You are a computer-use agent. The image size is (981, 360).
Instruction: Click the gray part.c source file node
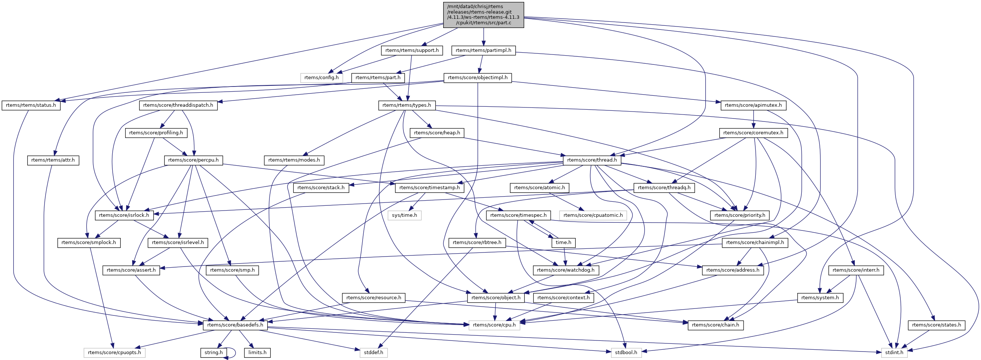click(x=483, y=15)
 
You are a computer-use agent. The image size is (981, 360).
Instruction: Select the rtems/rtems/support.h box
click(x=412, y=50)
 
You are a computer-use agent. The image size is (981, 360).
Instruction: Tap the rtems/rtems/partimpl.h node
click(x=483, y=50)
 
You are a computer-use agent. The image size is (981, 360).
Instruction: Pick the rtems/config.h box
click(x=321, y=78)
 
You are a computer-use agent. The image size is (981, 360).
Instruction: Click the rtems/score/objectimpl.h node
click(x=477, y=78)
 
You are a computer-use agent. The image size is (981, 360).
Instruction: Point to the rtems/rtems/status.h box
click(x=31, y=105)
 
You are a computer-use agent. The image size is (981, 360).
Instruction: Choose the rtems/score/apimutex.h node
click(x=753, y=105)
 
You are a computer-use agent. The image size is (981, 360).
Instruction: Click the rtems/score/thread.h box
click(x=592, y=160)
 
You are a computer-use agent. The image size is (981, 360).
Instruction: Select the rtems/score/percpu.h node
click(x=194, y=160)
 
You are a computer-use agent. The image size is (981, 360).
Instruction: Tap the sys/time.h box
click(x=405, y=215)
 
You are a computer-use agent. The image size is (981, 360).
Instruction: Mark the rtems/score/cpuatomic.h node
click(x=593, y=215)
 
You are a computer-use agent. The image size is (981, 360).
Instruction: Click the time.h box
click(x=563, y=243)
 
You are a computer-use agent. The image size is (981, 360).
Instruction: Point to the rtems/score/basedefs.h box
click(x=235, y=325)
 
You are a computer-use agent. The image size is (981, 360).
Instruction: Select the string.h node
click(x=213, y=353)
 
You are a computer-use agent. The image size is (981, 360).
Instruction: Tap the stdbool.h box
click(x=626, y=353)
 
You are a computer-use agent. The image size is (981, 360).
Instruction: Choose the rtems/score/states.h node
click(x=936, y=325)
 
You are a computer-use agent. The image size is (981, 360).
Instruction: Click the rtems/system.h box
click(x=820, y=297)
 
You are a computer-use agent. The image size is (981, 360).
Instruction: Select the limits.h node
click(x=257, y=353)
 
